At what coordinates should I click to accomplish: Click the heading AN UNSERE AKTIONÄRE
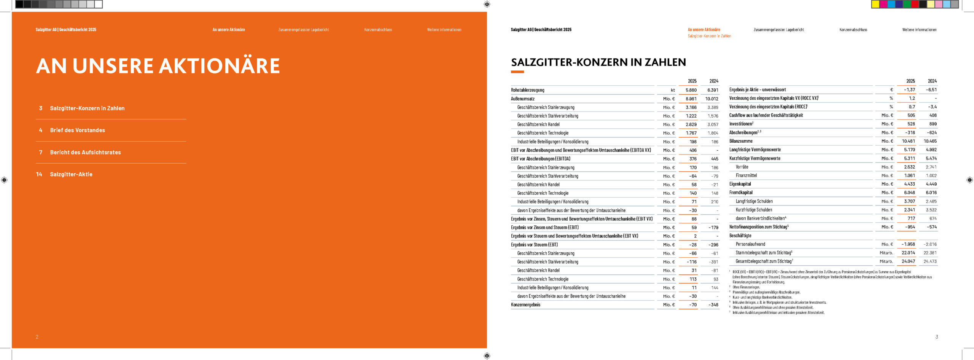coord(158,66)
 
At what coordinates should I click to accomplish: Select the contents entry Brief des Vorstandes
coord(77,130)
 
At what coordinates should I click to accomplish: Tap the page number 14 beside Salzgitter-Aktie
coord(39,174)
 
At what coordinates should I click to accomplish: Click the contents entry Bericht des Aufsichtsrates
coord(85,152)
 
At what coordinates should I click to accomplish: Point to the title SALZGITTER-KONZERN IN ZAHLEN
coord(598,62)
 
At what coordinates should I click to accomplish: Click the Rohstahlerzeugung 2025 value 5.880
coord(691,90)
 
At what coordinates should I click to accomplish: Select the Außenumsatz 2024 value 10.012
coord(711,99)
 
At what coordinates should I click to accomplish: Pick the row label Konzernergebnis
coord(525,305)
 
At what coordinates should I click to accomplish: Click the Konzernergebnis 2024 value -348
coord(713,305)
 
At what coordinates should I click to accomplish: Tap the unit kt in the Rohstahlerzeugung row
coord(673,90)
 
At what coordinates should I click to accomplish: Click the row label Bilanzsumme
coord(741,141)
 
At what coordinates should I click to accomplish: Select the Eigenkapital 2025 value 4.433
coord(909,184)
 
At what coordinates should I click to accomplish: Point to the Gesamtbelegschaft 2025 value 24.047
coord(908,261)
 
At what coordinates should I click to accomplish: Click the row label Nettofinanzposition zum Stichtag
coord(758,227)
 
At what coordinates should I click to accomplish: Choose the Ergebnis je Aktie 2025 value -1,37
coord(909,90)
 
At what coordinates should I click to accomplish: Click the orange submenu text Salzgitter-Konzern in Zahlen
coord(709,36)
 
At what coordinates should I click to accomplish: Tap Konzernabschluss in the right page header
coord(853,30)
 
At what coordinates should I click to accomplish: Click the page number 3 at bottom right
coord(936,337)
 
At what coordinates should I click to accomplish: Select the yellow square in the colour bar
coord(875,4)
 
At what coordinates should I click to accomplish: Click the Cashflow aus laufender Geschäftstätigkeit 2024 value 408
coord(933,115)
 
